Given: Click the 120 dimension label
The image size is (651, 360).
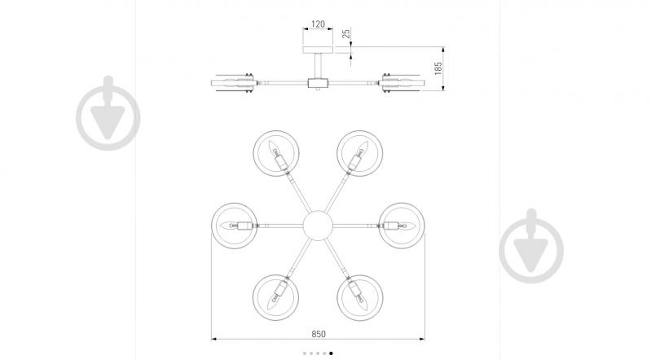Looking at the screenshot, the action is (x=318, y=24).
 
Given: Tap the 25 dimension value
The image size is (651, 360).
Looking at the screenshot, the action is (x=346, y=33).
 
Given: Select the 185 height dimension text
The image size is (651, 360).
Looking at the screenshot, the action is (x=438, y=68).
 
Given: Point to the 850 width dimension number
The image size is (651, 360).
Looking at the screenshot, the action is (x=319, y=334).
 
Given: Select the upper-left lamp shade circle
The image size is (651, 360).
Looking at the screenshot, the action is (x=253, y=153).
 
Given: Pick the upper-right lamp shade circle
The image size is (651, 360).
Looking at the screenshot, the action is (x=337, y=153).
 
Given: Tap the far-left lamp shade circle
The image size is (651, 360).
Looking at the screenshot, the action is (x=212, y=226).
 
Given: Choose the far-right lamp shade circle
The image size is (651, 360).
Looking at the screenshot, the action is (x=424, y=226).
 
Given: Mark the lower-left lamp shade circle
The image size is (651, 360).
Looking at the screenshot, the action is (x=253, y=298).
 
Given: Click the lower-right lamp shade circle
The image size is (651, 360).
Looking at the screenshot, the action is (x=337, y=298).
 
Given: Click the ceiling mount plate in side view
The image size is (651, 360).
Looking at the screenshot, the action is (x=318, y=50).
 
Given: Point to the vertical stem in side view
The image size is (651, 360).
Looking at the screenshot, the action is (x=318, y=66).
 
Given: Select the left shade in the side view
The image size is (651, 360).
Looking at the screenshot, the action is (x=233, y=83).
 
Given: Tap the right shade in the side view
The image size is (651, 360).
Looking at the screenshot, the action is (x=403, y=83).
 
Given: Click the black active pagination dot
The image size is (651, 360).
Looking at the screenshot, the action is (x=331, y=353).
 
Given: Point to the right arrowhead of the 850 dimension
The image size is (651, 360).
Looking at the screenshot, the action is (x=422, y=340).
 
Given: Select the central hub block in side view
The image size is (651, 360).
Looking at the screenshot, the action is (x=318, y=82).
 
